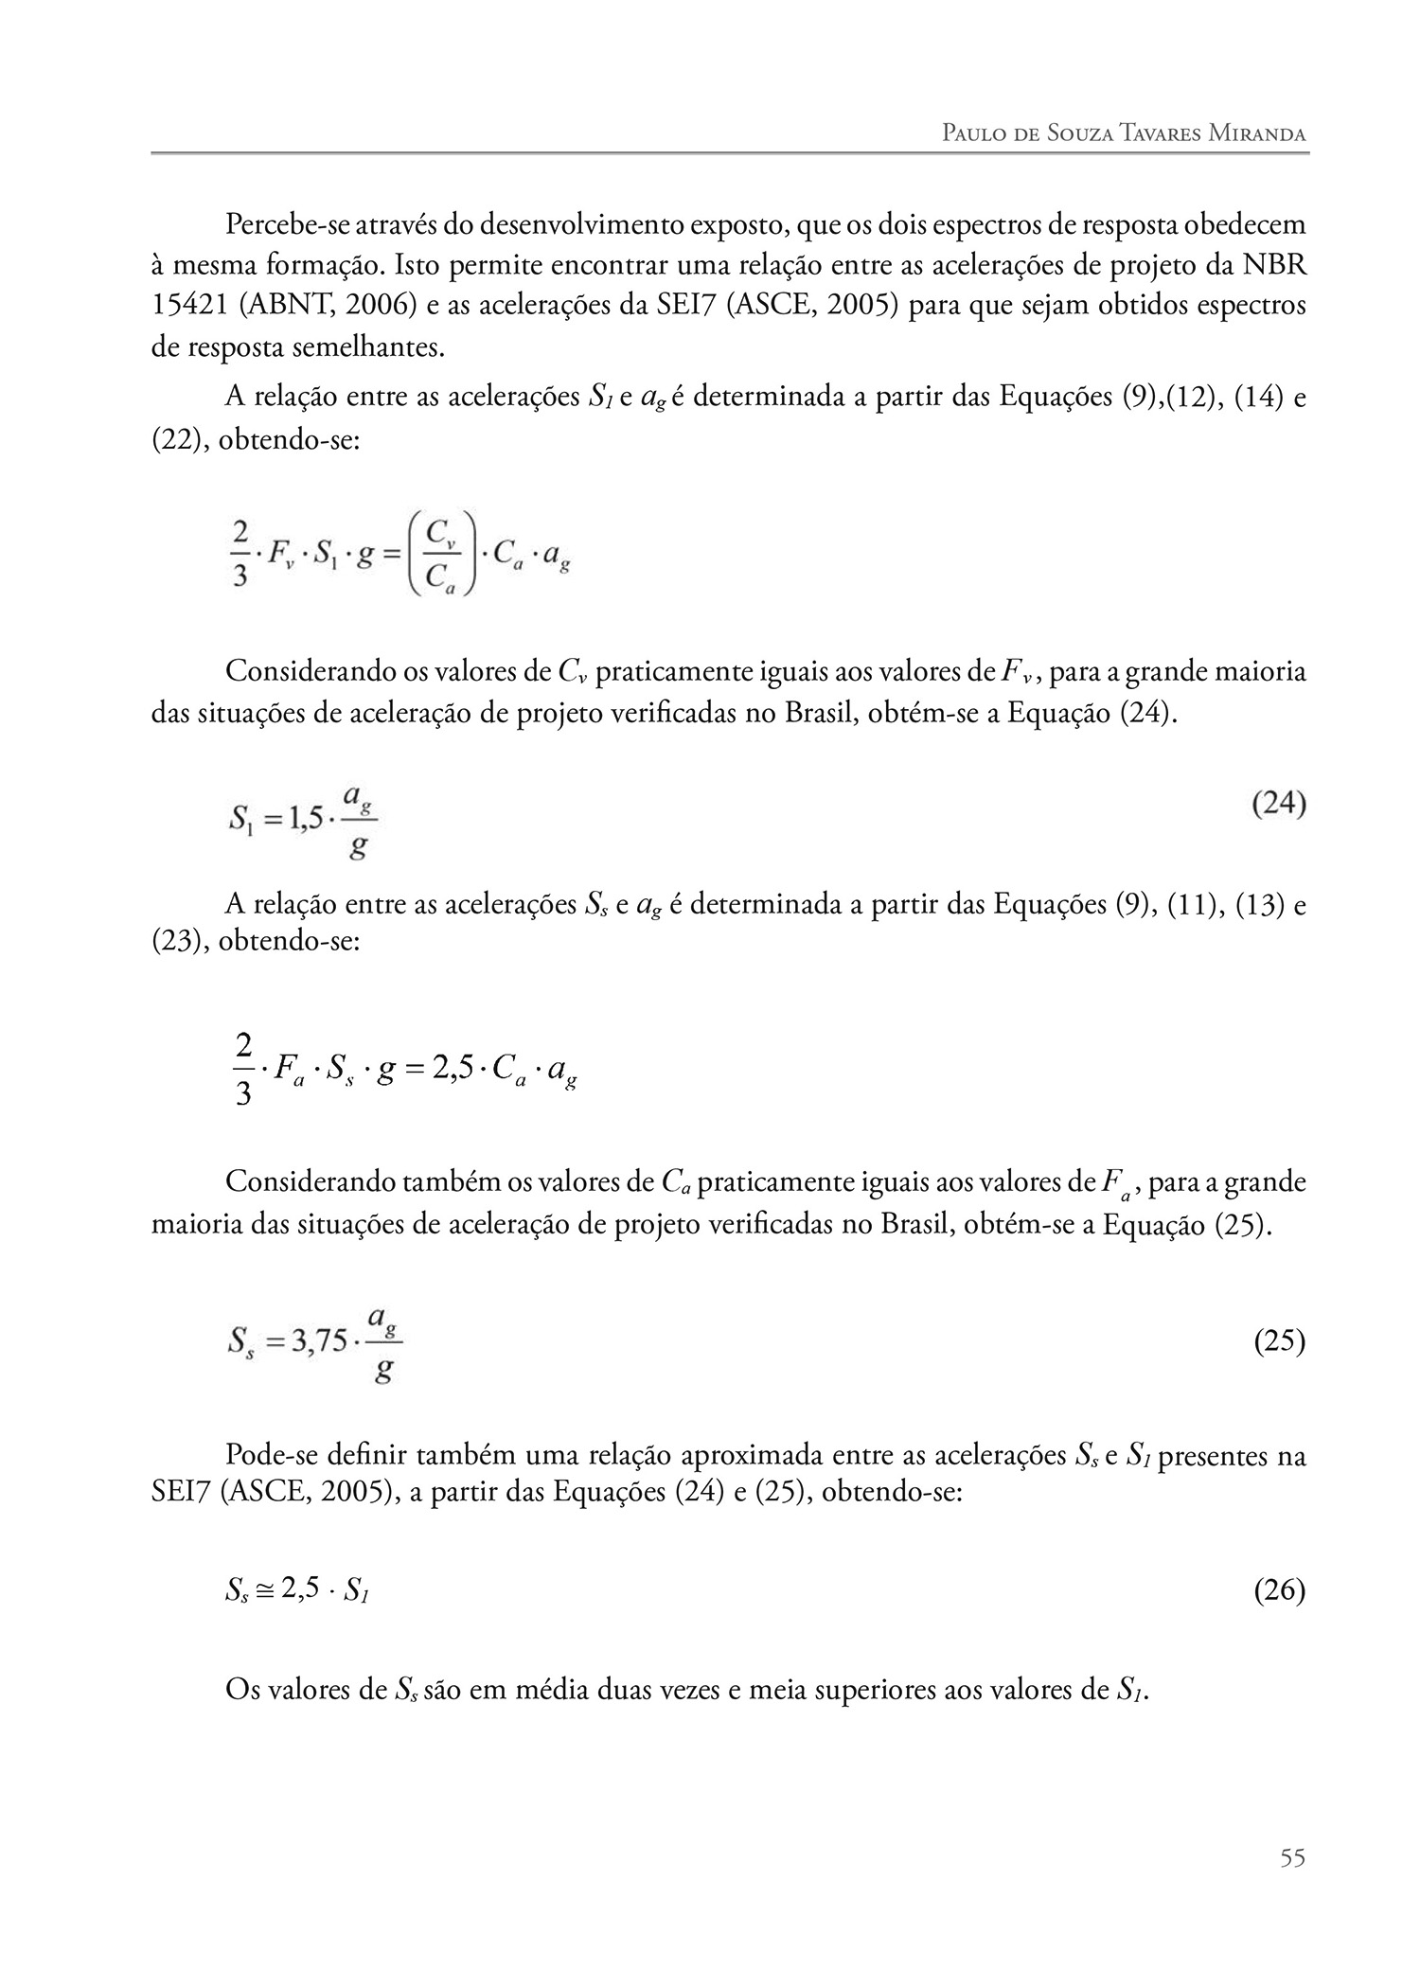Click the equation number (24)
[x=1278, y=805]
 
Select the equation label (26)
[x=1279, y=1590]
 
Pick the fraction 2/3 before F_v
[x=240, y=552]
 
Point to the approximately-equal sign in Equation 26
[x=263, y=1592]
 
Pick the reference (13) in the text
[x=1253, y=906]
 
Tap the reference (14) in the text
[x=1253, y=397]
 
